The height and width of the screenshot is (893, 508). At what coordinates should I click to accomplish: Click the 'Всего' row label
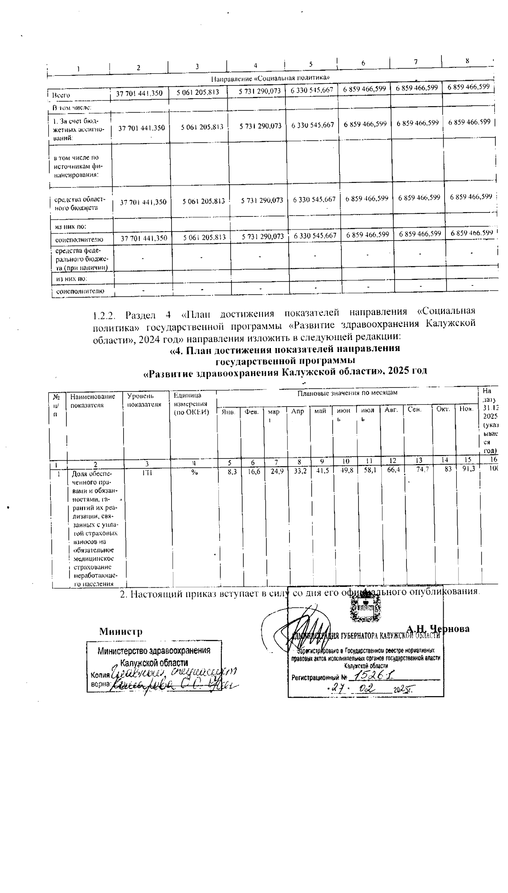coord(58,95)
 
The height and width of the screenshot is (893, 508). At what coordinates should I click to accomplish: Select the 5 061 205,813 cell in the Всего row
coord(197,94)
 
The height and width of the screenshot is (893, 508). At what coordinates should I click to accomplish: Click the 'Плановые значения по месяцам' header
coord(347,393)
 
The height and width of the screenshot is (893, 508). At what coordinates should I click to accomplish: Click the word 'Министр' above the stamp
coord(121,631)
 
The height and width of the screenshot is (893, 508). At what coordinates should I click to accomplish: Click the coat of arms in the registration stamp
coord(365,610)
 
